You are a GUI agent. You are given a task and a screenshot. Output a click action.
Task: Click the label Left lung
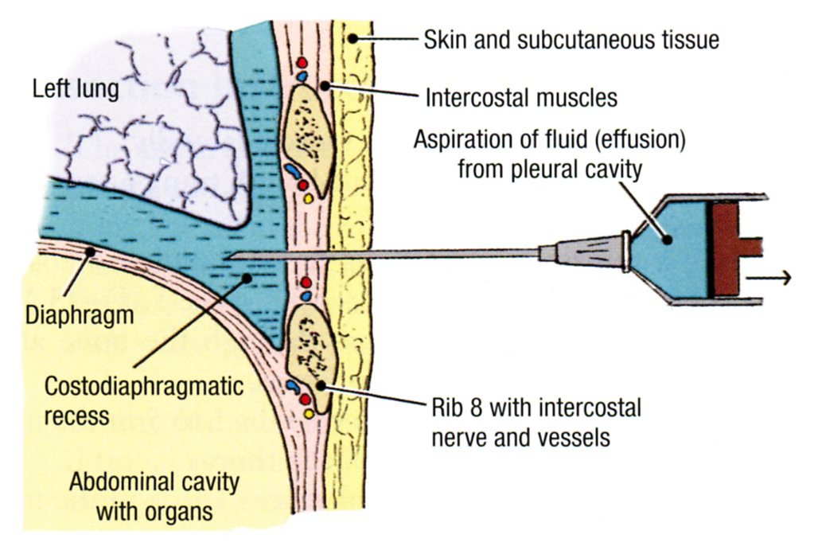76,88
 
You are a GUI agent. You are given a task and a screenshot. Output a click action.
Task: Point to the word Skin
443,39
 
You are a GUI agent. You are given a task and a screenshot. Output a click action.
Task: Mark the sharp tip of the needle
228,256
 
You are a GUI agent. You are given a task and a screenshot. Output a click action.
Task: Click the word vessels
577,437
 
